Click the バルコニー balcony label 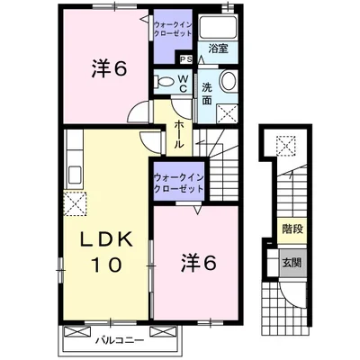tap(120, 340)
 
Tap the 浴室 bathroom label tap(218, 49)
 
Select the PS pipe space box tap(186, 59)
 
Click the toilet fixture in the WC tap(164, 81)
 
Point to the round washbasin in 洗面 tap(229, 81)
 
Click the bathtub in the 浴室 tap(218, 27)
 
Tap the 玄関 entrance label tap(292, 263)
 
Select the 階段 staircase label tap(292, 229)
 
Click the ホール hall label tap(179, 134)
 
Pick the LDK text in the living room tap(107, 240)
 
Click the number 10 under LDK tap(107, 265)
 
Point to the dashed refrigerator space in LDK tap(75, 204)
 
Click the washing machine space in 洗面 tap(227, 113)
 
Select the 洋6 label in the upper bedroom tap(109, 68)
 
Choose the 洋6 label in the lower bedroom tap(198, 262)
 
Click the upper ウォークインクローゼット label tap(173, 29)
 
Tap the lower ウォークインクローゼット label tap(178, 184)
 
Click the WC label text tap(184, 83)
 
